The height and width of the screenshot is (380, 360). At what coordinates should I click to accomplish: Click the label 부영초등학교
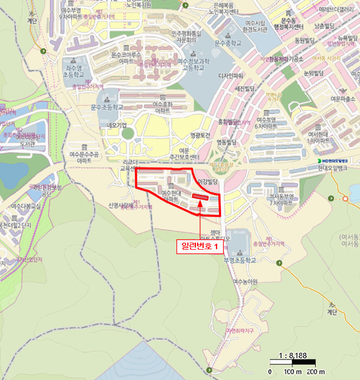(x=239, y=260)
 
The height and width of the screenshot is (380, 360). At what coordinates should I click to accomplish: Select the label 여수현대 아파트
(x=170, y=197)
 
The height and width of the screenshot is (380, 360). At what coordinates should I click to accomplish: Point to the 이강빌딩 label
(x=207, y=181)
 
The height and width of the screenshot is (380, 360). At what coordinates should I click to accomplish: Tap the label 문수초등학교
(x=107, y=107)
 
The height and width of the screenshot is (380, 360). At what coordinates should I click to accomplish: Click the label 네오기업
(x=116, y=124)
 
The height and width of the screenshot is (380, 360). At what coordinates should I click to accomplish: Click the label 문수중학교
(x=228, y=43)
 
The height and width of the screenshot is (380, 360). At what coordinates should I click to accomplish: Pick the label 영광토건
(x=199, y=136)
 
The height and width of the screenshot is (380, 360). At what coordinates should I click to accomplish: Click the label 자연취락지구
(x=241, y=330)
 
